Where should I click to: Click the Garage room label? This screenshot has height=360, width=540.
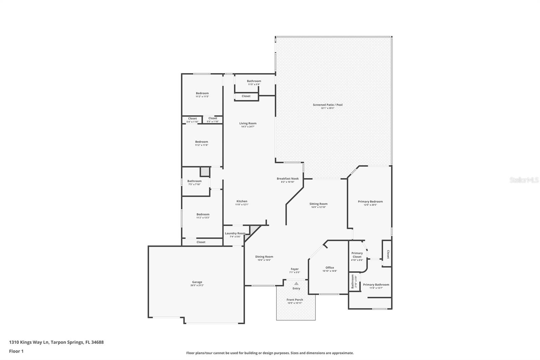(x=197, y=282)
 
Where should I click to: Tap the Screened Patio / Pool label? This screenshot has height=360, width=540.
(x=327, y=105)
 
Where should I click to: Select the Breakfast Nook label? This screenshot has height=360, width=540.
(x=288, y=179)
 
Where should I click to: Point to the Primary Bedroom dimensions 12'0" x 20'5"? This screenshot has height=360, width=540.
(x=370, y=205)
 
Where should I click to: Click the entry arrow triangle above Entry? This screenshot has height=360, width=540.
(x=296, y=284)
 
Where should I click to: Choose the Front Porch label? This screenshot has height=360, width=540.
(x=295, y=300)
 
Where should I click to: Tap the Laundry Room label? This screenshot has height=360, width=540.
(x=235, y=233)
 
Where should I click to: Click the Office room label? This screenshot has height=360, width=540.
(x=330, y=267)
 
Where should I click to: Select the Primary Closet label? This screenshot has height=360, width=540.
(x=357, y=255)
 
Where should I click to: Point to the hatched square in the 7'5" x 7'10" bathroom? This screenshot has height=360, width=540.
(x=205, y=172)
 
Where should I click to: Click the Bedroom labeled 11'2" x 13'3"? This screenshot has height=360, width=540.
(x=203, y=214)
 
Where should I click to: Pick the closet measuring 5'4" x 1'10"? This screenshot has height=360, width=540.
(x=192, y=120)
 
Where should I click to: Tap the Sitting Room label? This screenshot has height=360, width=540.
(x=318, y=204)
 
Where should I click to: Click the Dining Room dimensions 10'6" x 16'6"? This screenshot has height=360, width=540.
(x=264, y=260)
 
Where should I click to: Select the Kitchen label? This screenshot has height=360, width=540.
(x=242, y=201)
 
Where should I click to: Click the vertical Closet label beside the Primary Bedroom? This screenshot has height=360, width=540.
(x=388, y=254)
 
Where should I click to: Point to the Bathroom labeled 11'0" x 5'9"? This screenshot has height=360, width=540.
(x=254, y=81)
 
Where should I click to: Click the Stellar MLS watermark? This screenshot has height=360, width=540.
(x=524, y=180)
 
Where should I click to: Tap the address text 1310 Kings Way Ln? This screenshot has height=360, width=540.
(x=29, y=342)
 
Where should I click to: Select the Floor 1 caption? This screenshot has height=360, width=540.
(x=16, y=351)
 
